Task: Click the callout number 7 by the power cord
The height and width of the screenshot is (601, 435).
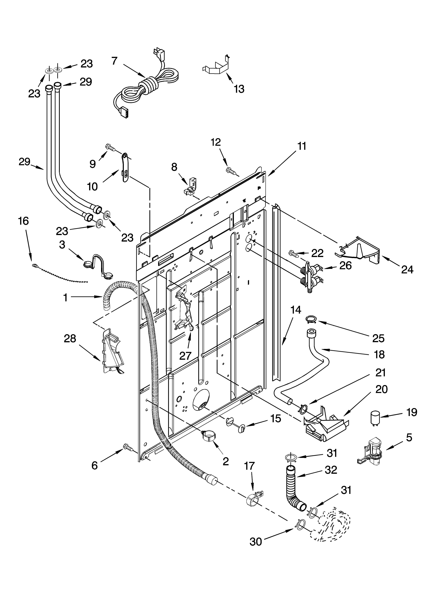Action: pos(114,61)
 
